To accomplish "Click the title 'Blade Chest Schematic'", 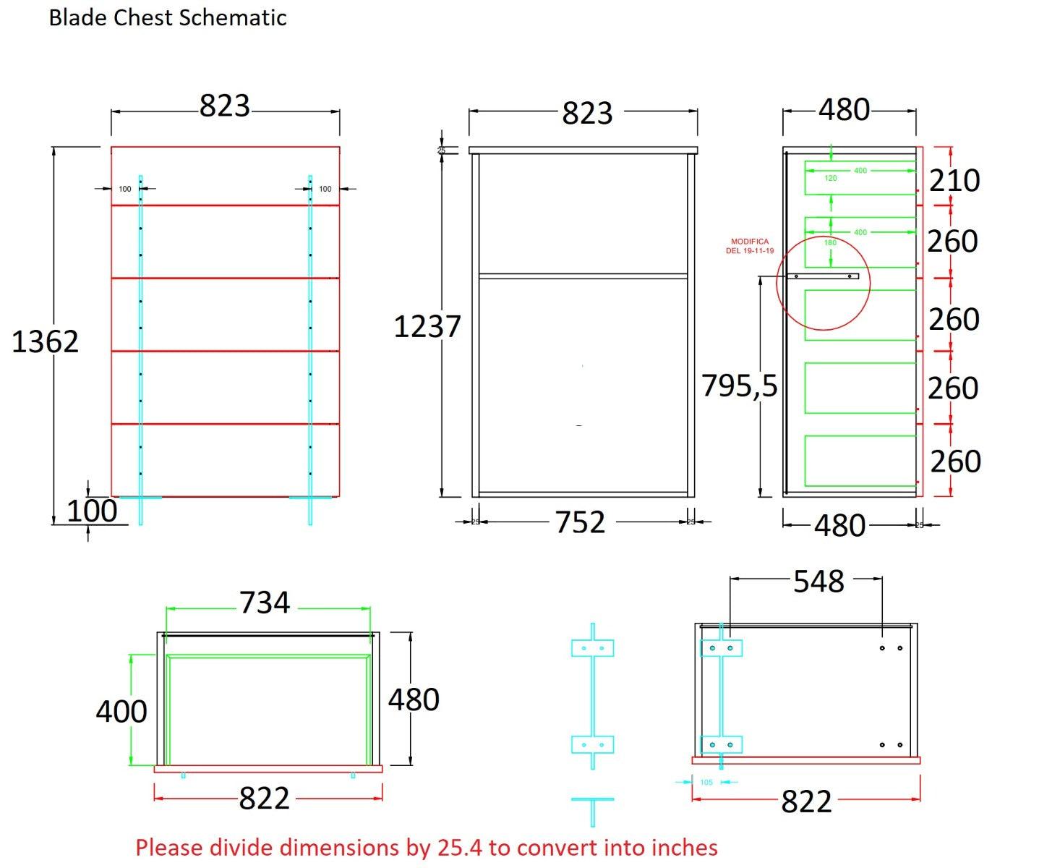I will click(x=168, y=17).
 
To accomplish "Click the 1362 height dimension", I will click(x=45, y=341).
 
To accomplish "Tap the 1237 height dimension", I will click(x=427, y=327).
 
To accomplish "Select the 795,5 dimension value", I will click(x=739, y=386).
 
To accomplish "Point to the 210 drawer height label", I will click(x=954, y=180).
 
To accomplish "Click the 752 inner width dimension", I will click(x=581, y=522).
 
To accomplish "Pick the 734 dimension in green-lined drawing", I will click(x=265, y=603).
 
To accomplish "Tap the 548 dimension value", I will click(x=818, y=582).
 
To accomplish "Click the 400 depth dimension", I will click(x=121, y=712).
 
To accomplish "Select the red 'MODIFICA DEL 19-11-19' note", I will click(x=750, y=246).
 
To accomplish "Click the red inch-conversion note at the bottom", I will click(x=427, y=847).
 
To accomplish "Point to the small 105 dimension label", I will click(x=706, y=782).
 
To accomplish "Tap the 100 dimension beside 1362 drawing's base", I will click(x=92, y=511).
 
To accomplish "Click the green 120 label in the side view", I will click(x=831, y=178).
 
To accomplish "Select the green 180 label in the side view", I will click(x=830, y=243).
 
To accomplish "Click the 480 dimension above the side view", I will click(x=844, y=110).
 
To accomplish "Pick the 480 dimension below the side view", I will click(x=839, y=526).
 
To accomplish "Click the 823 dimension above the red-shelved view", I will click(x=225, y=106).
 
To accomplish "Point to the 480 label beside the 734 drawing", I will click(x=414, y=699).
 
